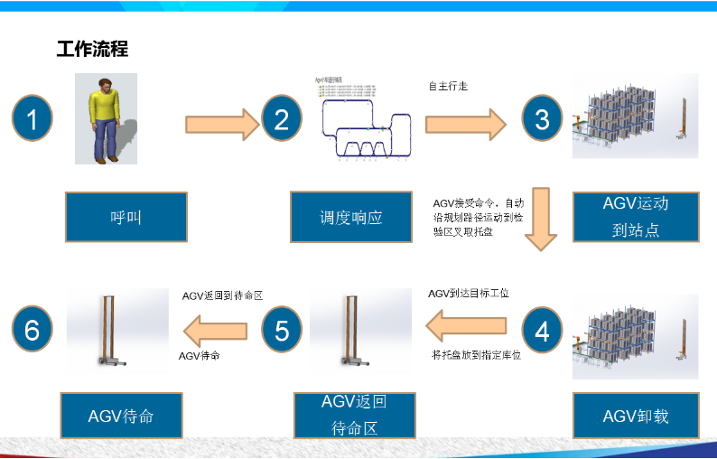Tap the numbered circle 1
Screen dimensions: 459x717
pyautogui.click(x=33, y=120)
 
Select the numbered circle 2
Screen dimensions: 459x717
pyautogui.click(x=282, y=120)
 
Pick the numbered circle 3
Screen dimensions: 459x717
pyautogui.click(x=542, y=120)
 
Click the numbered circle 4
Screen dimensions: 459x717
pyautogui.click(x=542, y=331)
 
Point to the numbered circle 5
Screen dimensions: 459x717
pyautogui.click(x=282, y=331)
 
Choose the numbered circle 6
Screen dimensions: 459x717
pyautogui.click(x=33, y=331)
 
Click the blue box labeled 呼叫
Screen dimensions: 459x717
pyautogui.click(x=126, y=217)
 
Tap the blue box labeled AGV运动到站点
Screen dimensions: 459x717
pyautogui.click(x=636, y=216)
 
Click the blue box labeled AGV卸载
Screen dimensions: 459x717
pyautogui.click(x=636, y=416)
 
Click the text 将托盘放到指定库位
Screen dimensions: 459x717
pyautogui.click(x=477, y=356)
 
